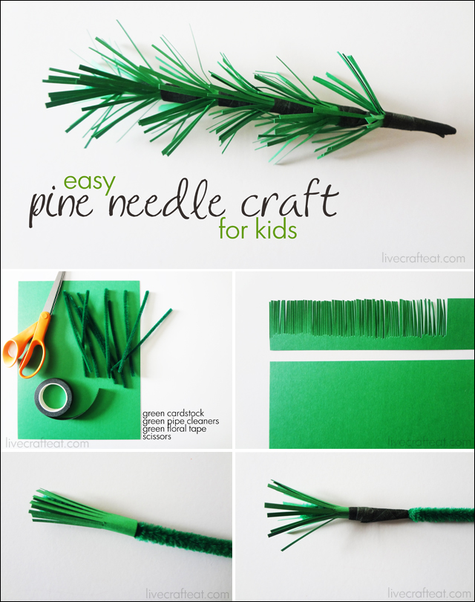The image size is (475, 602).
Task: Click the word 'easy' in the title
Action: point(90,182)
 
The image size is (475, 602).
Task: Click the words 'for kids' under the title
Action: point(258,230)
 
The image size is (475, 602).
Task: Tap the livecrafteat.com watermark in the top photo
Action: point(423,259)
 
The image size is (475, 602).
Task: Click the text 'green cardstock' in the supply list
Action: point(173,414)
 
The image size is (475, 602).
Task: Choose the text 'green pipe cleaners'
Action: point(180,421)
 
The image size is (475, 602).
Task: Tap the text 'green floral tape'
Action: point(174,429)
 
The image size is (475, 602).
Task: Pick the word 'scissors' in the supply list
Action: point(157,436)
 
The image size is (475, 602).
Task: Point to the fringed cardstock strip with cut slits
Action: point(370,325)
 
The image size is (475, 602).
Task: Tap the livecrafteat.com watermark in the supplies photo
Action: point(47,444)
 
